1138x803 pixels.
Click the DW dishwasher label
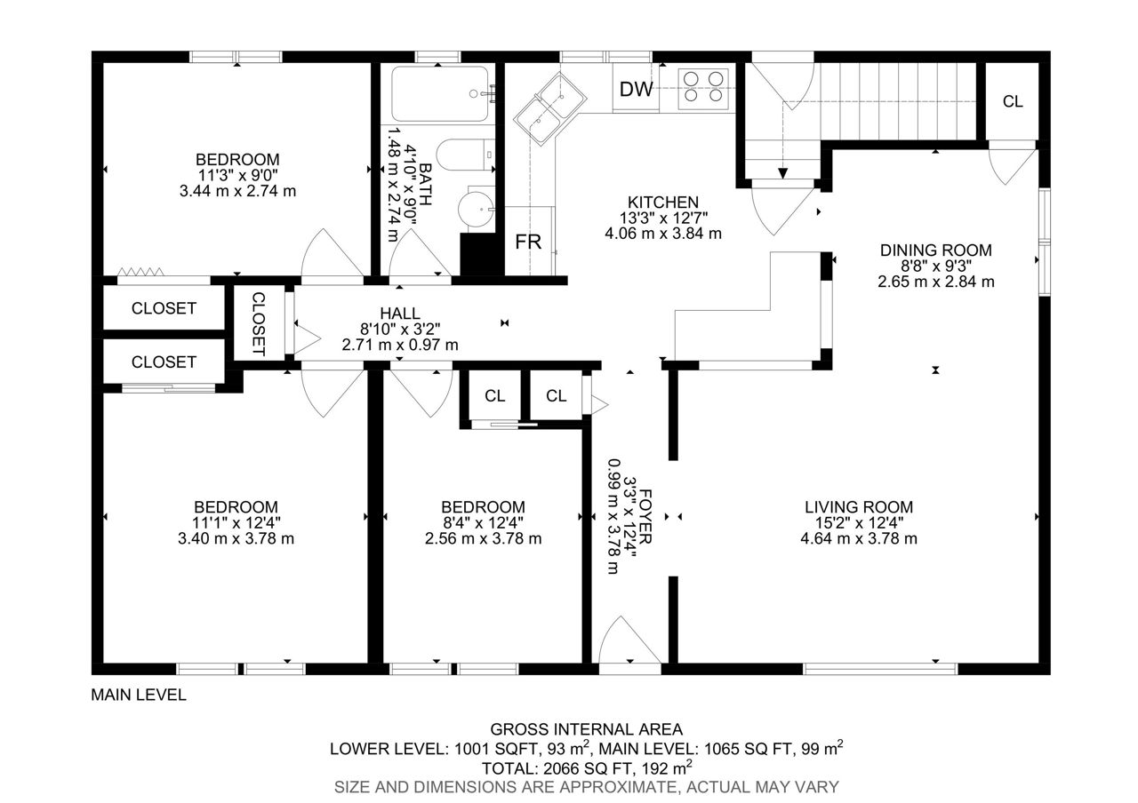[636, 90]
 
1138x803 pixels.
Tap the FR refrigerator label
[528, 242]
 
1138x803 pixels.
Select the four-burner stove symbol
[703, 86]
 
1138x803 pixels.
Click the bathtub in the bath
[440, 94]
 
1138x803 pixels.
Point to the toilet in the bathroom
[465, 155]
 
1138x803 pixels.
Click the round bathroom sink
[476, 209]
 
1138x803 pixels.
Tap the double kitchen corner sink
[549, 108]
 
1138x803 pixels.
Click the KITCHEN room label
[663, 202]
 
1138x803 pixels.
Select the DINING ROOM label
[936, 250]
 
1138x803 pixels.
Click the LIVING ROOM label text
[859, 506]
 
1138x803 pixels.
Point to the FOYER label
[645, 516]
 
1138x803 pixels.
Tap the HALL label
[400, 314]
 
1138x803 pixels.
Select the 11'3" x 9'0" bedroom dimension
[237, 175]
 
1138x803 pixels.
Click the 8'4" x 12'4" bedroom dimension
[483, 522]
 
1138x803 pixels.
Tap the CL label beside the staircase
[1013, 101]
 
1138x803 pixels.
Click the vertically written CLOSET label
[259, 324]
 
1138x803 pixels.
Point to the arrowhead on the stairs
[783, 173]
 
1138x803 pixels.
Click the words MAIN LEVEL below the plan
[139, 695]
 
